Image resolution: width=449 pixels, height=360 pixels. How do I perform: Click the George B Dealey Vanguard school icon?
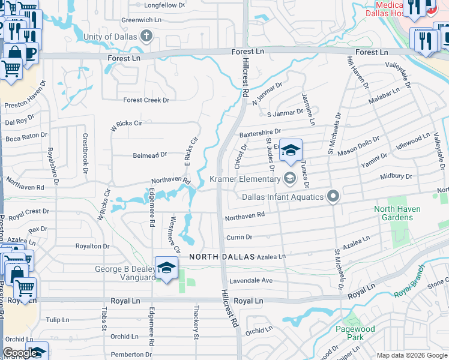[x=166, y=268]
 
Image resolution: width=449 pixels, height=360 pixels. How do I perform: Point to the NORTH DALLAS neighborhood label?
[x=218, y=256]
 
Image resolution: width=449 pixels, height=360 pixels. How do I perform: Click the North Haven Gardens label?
[x=397, y=213]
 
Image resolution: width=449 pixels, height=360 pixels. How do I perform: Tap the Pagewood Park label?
[x=356, y=333]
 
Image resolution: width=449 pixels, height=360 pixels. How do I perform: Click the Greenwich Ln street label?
[x=142, y=20]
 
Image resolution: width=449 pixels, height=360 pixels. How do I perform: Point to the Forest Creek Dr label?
[x=146, y=100]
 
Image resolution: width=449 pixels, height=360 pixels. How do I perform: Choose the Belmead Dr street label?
[x=149, y=155]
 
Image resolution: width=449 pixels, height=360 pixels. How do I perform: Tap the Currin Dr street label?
[x=238, y=238]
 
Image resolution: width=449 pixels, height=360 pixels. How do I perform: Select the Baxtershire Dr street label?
[x=260, y=131]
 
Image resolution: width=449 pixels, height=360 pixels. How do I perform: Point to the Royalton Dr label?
[x=92, y=246]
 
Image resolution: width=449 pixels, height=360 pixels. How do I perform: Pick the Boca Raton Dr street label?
[x=26, y=137]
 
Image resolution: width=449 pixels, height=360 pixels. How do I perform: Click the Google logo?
[x=20, y=353]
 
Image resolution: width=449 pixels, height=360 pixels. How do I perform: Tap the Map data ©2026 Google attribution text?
[x=412, y=355]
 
